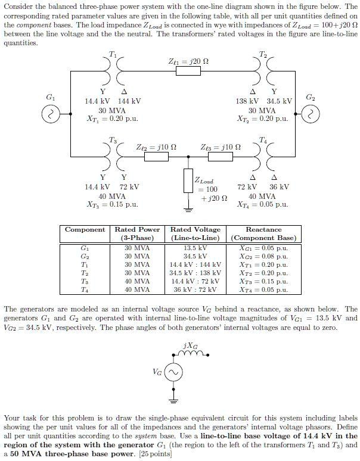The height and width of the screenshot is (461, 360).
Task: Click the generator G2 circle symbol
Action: [x=311, y=114]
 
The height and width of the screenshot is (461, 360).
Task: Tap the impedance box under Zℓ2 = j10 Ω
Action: [x=157, y=158]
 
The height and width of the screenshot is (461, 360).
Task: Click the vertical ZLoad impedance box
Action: [x=189, y=181]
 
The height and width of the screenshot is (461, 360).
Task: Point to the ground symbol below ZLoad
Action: [x=189, y=210]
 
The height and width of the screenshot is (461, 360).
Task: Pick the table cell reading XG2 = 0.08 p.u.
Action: [x=263, y=256]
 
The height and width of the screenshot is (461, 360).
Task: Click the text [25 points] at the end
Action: [x=154, y=454]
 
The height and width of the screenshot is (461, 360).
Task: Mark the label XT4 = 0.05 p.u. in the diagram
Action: [x=262, y=205]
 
